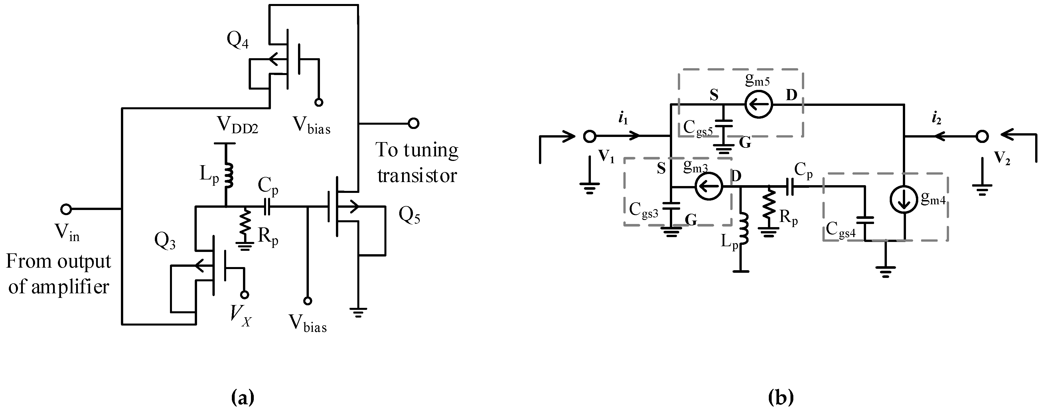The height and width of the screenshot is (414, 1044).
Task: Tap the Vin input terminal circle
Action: coord(66,209)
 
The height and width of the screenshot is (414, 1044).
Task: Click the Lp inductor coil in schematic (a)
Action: coord(229,175)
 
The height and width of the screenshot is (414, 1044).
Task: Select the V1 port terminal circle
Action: coord(590,137)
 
